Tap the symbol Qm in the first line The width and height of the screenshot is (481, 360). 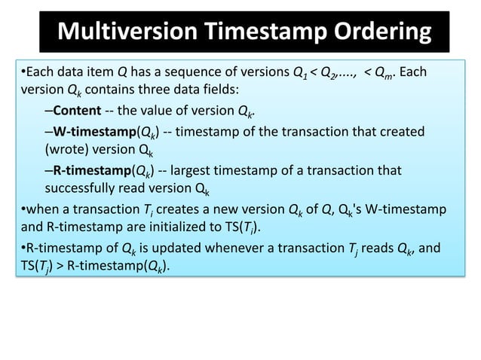click(x=384, y=75)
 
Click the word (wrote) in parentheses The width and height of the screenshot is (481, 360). click(x=64, y=150)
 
